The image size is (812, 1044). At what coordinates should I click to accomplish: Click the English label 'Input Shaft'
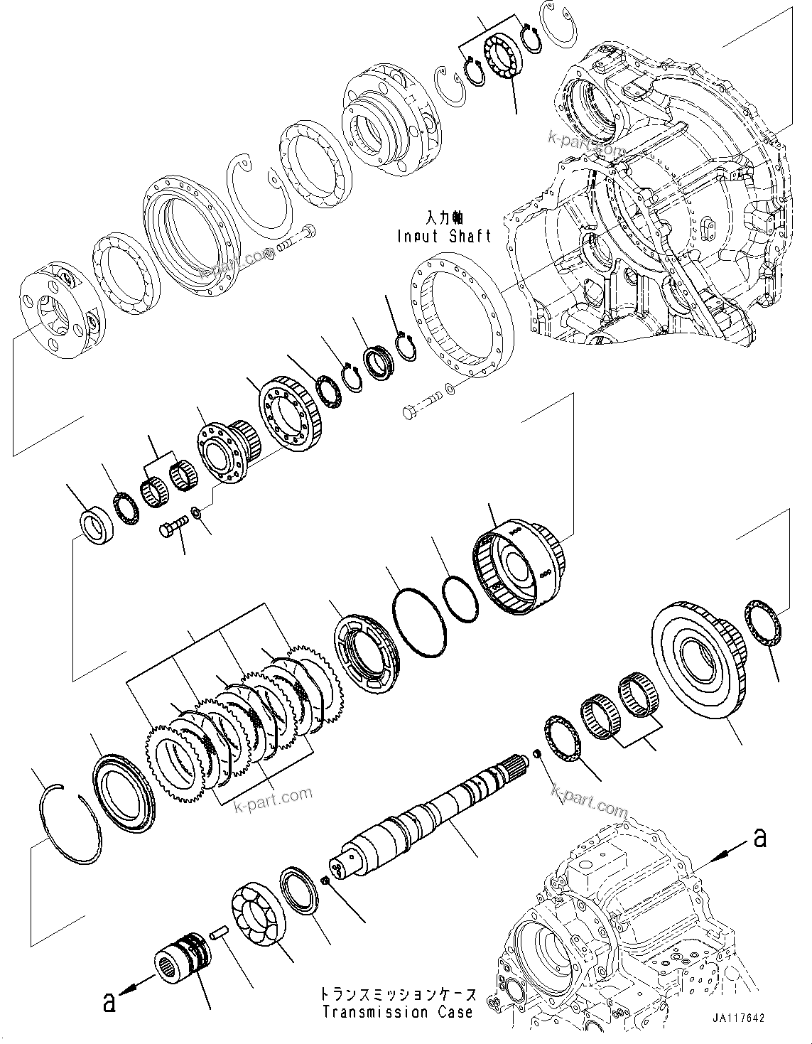coord(444,237)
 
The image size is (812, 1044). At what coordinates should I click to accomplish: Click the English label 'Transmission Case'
coord(396,1012)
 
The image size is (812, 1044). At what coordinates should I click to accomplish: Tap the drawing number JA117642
coord(735,1018)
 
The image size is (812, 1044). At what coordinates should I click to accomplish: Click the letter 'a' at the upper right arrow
coord(759,839)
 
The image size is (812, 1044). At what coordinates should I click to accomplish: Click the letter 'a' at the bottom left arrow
coord(109,1003)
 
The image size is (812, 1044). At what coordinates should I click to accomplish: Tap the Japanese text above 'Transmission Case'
coord(396,994)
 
